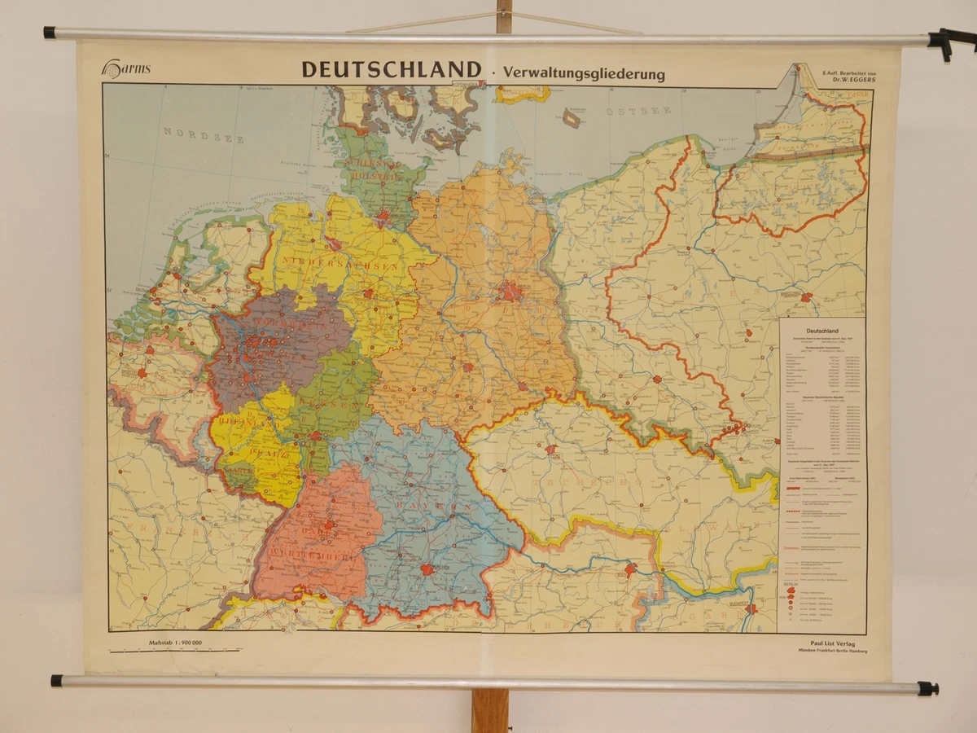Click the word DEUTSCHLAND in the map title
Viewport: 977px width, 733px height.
[392, 70]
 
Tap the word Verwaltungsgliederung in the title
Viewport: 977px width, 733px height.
[584, 73]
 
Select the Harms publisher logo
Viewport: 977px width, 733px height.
[125, 70]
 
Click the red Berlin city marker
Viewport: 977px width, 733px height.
[511, 292]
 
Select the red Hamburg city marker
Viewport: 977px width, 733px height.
[382, 217]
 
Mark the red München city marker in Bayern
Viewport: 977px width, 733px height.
[427, 569]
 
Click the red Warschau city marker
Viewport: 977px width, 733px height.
[806, 297]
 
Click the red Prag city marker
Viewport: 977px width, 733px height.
[550, 449]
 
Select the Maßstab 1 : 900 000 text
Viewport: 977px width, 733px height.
[176, 643]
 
